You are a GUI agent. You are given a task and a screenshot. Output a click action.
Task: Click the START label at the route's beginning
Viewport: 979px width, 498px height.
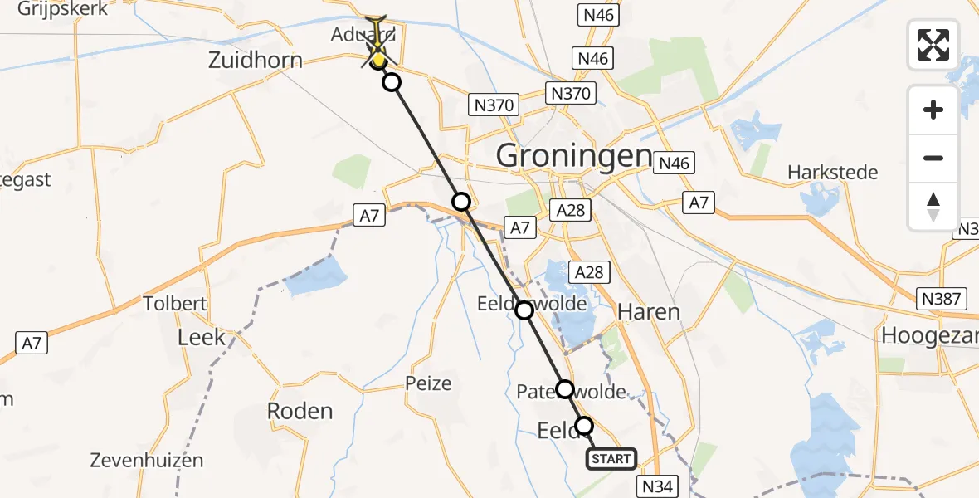pos(612,458)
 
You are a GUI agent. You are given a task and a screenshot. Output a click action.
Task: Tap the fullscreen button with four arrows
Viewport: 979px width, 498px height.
pos(933,45)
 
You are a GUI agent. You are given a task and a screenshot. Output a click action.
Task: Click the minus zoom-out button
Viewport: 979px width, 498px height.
pos(933,158)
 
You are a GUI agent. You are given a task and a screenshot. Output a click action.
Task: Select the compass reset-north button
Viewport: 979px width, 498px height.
pos(933,206)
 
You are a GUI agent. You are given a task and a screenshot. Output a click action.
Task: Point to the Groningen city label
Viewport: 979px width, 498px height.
pos(574,155)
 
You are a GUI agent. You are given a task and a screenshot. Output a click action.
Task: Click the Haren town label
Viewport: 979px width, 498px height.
pos(649,312)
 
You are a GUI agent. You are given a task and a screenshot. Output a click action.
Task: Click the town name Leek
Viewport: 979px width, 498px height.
pos(202,336)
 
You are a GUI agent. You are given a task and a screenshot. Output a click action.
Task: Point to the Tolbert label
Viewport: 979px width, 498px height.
pos(174,303)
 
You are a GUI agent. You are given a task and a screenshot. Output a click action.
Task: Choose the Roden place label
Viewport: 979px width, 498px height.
pos(300,411)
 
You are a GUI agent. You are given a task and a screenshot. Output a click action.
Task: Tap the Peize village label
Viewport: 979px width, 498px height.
pos(429,383)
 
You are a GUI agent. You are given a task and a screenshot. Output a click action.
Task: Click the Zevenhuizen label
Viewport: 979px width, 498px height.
pos(148,460)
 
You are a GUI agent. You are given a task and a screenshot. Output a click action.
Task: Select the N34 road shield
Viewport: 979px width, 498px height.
pos(658,486)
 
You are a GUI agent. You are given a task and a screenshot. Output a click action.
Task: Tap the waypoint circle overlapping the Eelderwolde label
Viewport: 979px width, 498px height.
pos(524,310)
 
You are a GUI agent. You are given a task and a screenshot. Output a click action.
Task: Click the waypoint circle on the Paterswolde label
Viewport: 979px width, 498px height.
pos(564,388)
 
